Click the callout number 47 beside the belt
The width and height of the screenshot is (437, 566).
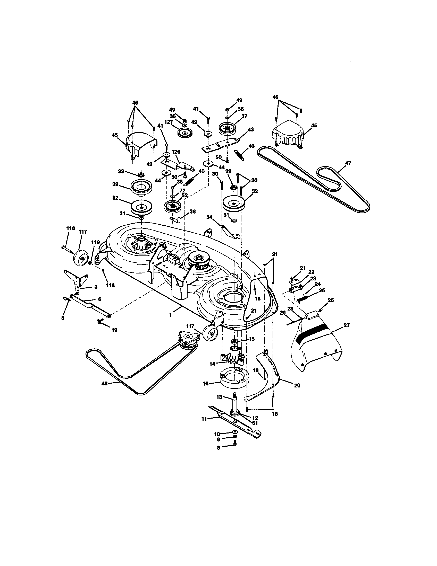pyautogui.click(x=348, y=163)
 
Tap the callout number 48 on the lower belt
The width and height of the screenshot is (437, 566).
pyautogui.click(x=104, y=383)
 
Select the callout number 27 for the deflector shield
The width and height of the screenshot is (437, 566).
pyautogui.click(x=347, y=325)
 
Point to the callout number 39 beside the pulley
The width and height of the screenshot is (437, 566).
pyautogui.click(x=115, y=184)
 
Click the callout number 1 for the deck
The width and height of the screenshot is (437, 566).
pyautogui.click(x=171, y=315)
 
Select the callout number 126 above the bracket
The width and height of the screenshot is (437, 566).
pyautogui.click(x=176, y=152)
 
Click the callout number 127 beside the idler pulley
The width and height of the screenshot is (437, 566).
pyautogui.click(x=169, y=122)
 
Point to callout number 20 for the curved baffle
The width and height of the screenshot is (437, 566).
pyautogui.click(x=297, y=385)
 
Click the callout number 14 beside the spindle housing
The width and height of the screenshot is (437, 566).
pyautogui.click(x=212, y=364)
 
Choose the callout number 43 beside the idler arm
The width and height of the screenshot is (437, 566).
pyautogui.click(x=251, y=129)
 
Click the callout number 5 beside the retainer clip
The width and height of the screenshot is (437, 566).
pyautogui.click(x=63, y=318)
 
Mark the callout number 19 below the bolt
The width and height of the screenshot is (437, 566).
pyautogui.click(x=114, y=330)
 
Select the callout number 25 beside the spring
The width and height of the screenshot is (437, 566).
pyautogui.click(x=322, y=290)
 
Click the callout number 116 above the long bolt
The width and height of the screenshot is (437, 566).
pyautogui.click(x=71, y=228)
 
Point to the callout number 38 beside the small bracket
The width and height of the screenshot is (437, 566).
pyautogui.click(x=192, y=211)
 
